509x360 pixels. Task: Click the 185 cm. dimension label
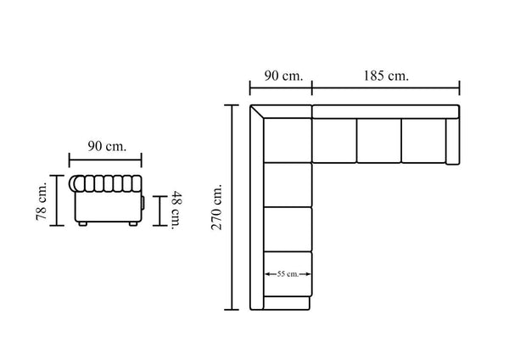386,76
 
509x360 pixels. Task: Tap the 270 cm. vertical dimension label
216,207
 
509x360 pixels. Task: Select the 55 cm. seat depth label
288,274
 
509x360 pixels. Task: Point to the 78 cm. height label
42,201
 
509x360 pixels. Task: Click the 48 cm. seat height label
177,211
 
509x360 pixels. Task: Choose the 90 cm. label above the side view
107,147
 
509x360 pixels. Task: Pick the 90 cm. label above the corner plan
283,76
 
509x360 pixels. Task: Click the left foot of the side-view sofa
83,223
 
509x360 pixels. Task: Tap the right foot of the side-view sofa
133,223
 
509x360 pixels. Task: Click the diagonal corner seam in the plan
257,112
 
